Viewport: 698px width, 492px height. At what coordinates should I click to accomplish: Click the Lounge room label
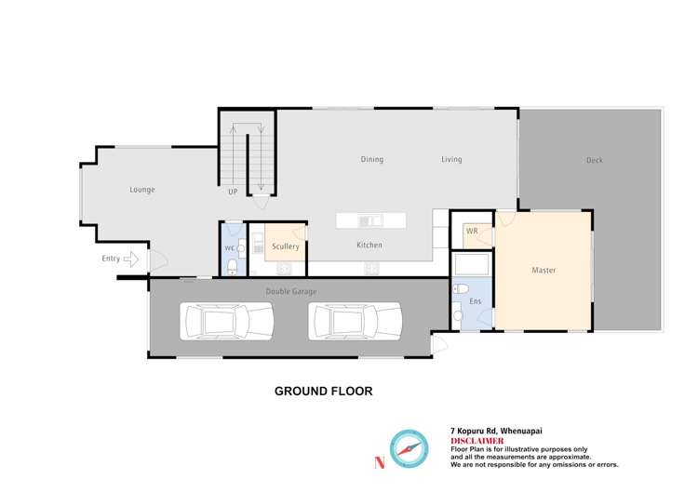(x=141, y=190)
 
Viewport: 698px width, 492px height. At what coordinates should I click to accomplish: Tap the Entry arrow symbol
(x=131, y=259)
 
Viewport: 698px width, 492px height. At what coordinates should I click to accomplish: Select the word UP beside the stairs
(x=233, y=192)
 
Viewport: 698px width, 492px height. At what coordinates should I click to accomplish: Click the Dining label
(x=371, y=160)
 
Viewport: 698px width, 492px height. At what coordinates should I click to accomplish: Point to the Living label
(x=451, y=160)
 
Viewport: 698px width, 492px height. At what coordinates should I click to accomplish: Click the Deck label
(x=594, y=161)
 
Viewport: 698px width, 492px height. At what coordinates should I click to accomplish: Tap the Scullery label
(x=286, y=246)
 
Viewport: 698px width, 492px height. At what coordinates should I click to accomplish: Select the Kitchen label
(x=369, y=246)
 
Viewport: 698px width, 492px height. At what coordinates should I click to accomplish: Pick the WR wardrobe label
(x=472, y=231)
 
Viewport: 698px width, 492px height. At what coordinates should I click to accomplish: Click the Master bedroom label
(x=544, y=271)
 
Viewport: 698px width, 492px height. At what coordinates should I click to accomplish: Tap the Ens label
(x=475, y=302)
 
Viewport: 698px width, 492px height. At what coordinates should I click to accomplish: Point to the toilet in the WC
(x=231, y=266)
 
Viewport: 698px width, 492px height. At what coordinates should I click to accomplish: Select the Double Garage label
(x=291, y=292)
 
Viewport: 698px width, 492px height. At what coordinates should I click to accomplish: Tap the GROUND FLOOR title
(x=323, y=392)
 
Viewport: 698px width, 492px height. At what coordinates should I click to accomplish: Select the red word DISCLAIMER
(x=477, y=441)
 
